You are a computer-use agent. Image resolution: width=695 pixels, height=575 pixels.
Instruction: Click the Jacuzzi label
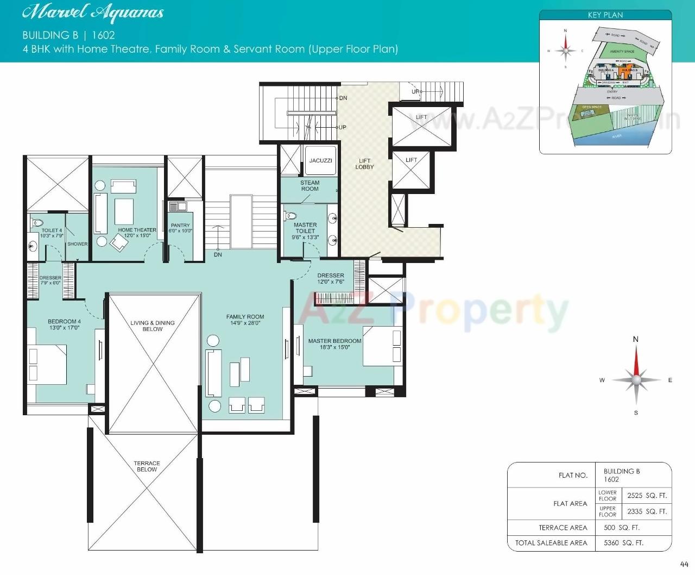click(320, 161)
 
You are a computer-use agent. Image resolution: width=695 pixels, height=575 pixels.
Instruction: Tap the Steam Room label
click(310, 186)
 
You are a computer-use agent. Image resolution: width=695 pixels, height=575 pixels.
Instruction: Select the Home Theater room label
click(137, 230)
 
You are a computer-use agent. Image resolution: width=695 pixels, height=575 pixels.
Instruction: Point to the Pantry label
click(180, 226)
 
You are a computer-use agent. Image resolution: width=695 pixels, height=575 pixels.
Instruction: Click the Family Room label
click(245, 317)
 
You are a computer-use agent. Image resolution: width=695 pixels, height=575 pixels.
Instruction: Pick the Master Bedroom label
click(334, 341)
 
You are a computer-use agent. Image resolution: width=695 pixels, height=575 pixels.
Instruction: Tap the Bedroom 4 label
click(64, 322)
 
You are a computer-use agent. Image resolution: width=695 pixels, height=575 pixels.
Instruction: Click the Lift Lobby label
click(364, 164)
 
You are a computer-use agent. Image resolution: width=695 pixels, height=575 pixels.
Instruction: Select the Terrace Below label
click(147, 466)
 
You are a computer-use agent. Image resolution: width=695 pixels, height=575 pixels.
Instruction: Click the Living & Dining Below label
click(153, 326)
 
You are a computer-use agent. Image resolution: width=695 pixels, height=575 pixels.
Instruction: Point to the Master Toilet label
click(305, 228)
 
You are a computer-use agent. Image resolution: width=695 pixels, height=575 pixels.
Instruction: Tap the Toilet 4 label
click(52, 230)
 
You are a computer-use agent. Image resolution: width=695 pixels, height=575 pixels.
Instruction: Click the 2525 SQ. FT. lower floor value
click(647, 496)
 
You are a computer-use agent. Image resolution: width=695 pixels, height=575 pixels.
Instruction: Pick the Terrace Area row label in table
click(563, 528)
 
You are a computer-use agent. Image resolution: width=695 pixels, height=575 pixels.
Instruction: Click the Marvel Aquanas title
click(93, 13)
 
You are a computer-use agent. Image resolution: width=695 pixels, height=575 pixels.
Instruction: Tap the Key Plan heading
click(605, 15)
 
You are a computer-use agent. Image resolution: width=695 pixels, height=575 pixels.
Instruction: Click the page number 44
click(684, 564)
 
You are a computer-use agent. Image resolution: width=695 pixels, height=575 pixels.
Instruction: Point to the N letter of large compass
click(636, 340)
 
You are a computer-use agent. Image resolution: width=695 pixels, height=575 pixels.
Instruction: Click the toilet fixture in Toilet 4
click(37, 223)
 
